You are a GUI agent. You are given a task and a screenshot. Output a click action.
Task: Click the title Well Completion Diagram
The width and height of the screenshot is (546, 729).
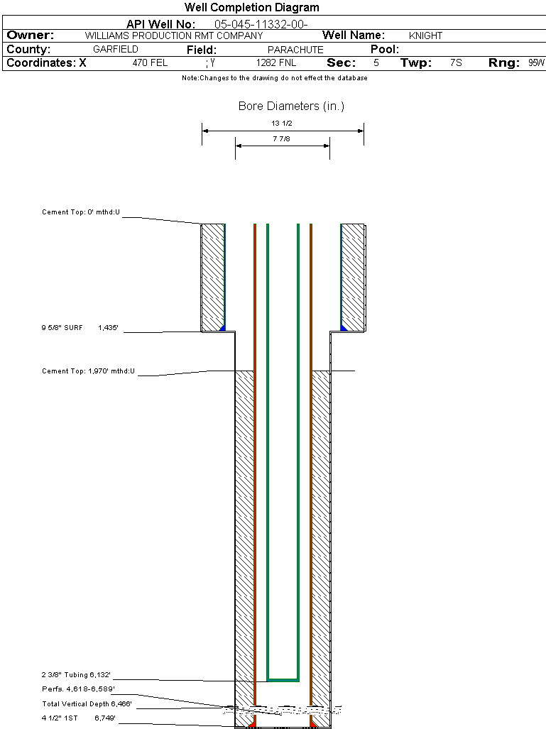coord(251,8)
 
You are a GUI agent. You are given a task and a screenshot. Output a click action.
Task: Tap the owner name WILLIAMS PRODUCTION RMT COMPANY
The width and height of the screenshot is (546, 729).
coord(173,35)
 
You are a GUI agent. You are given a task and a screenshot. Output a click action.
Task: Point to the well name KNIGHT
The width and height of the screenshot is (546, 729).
coord(425,35)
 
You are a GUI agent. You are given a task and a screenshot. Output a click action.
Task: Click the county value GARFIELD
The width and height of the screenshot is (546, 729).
coord(116,50)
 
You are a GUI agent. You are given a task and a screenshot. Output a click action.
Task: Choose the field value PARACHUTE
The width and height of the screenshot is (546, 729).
coord(295,50)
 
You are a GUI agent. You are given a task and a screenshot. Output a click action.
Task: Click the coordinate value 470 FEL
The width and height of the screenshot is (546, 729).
coord(150,63)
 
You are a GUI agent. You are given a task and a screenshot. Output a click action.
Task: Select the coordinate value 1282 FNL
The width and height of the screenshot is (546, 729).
coord(276,63)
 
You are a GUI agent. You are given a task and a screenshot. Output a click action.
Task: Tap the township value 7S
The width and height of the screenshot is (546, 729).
coord(456,63)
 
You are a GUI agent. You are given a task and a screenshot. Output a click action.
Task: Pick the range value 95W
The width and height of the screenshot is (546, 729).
coord(536,63)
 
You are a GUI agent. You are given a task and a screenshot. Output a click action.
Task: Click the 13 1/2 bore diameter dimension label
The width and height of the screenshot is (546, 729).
coord(283,123)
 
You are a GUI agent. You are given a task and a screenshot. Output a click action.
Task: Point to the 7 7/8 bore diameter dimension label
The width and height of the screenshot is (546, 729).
coord(283,139)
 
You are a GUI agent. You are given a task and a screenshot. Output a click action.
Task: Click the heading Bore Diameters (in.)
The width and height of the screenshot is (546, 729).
coord(291,106)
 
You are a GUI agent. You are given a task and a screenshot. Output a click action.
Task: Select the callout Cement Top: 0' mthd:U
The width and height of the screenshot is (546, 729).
coord(81,212)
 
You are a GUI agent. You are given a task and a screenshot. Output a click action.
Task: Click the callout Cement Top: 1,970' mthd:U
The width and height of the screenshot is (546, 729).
coord(88,371)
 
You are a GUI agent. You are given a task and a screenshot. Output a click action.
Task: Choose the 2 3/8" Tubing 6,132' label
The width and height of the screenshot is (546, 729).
coord(76,674)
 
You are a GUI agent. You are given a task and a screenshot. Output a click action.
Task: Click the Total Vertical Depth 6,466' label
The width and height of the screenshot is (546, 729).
coord(87,704)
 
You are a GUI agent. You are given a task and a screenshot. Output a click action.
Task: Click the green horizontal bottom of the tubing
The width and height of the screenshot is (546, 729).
coord(283,679)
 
